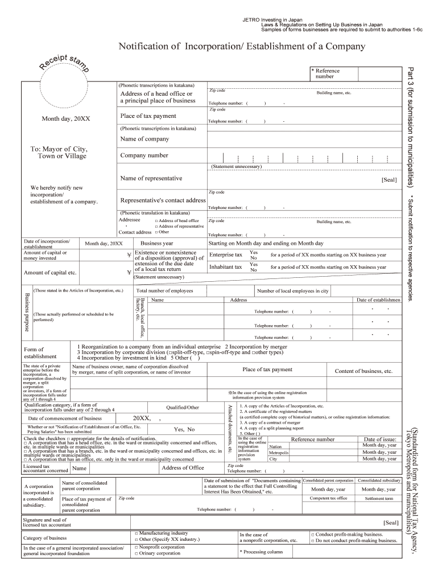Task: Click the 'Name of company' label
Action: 144,139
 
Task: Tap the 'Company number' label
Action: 144,155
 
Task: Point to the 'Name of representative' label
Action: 151,178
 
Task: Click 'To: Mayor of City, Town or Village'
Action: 58,152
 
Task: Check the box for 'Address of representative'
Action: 156,227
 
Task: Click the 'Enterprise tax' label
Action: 225,254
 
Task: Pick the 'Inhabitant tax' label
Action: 225,266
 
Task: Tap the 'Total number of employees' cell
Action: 164,291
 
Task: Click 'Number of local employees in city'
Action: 292,291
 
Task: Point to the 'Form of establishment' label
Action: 40,352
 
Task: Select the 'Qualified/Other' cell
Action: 183,408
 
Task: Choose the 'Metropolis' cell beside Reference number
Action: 279,453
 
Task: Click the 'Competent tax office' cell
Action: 328,498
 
